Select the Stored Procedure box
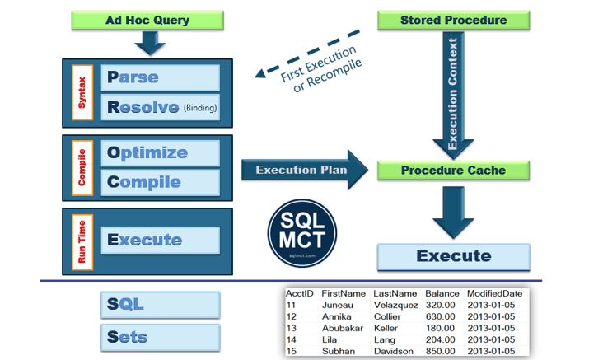[x=452, y=19]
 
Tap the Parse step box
[x=160, y=77]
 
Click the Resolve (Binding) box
[x=160, y=106]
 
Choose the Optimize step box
[x=160, y=152]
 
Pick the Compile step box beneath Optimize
[x=160, y=181]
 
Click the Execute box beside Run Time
[x=160, y=240]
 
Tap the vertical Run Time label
[x=82, y=241]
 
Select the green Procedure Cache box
[x=452, y=171]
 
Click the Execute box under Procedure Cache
[x=452, y=256]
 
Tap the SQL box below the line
[x=160, y=304]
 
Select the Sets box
[x=160, y=336]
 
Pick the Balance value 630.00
[x=440, y=316]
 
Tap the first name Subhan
[x=339, y=351]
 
